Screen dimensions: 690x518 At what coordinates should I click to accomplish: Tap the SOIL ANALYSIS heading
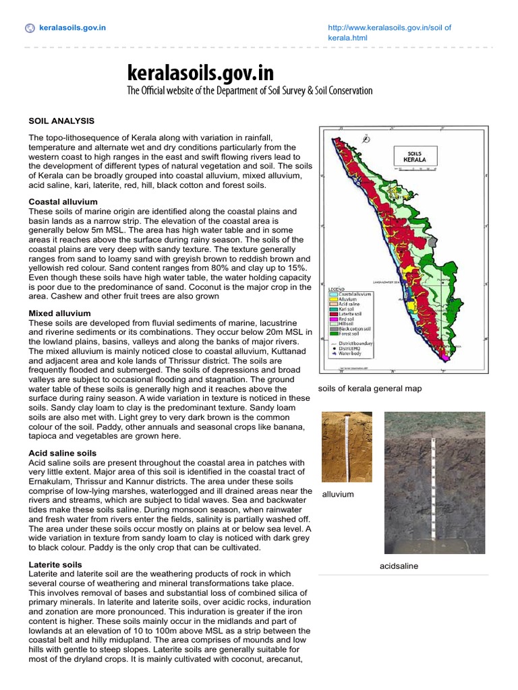61,121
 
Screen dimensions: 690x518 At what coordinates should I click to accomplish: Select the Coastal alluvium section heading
63,201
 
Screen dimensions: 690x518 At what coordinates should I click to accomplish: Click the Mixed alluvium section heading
59,313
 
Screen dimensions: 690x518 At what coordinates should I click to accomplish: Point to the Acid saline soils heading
62,453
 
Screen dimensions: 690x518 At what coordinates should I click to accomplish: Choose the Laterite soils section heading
55,564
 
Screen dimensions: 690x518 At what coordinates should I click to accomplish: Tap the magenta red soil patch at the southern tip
444,353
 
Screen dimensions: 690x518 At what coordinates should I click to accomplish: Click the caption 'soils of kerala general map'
370,389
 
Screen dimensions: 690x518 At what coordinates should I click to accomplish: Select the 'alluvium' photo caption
338,494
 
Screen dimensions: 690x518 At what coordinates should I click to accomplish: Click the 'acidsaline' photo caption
399,566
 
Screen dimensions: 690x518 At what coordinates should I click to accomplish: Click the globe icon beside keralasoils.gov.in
29,28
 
